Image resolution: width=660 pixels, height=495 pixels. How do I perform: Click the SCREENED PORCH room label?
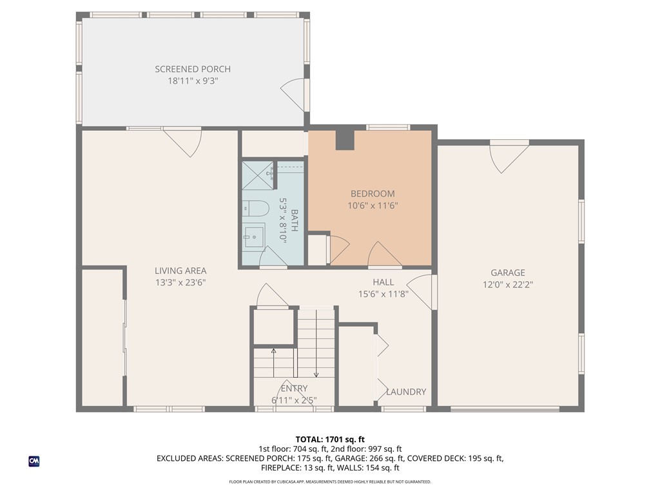(x=192, y=69)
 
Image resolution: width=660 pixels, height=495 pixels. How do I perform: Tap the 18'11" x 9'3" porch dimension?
(x=192, y=81)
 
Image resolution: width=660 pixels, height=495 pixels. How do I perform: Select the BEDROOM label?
(x=373, y=193)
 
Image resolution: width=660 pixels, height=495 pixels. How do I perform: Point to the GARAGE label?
(x=508, y=273)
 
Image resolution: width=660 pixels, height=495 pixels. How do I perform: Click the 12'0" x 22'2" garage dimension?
(x=508, y=284)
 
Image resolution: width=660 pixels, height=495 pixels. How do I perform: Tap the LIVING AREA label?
(x=180, y=271)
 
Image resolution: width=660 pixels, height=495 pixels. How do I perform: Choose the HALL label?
(x=383, y=282)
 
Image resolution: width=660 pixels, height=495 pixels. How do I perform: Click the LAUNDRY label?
(x=406, y=392)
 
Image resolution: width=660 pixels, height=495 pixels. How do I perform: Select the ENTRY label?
(x=294, y=389)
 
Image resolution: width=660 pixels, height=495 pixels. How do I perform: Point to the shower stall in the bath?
(x=257, y=177)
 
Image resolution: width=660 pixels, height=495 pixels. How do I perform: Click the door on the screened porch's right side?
(x=295, y=94)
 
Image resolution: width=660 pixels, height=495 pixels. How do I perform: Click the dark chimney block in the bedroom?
(x=345, y=139)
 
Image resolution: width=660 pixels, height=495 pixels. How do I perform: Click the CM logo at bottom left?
(x=34, y=461)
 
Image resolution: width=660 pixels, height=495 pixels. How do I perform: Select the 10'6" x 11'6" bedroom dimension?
(x=373, y=206)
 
